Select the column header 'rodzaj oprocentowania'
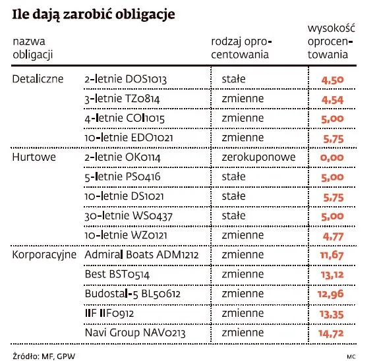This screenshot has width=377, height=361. click(241, 47)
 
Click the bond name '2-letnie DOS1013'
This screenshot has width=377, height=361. click(125, 80)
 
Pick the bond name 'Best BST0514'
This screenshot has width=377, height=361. click(116, 274)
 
